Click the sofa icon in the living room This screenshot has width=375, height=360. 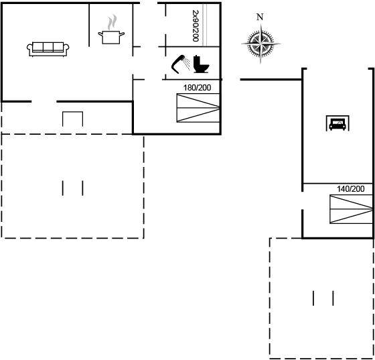tap(48, 50)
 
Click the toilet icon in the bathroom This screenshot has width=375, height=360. tap(201, 64)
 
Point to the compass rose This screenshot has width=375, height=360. tap(260, 44)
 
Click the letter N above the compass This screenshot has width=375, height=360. tap(260, 17)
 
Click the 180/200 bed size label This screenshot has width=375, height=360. tap(198, 88)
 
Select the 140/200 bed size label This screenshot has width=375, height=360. tap(351, 189)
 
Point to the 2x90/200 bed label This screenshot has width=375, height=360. tap(196, 25)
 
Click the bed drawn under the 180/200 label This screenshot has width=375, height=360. tap(198, 108)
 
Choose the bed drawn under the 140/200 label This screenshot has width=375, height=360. tap(351, 209)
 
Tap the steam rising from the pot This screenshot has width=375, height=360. tap(112, 22)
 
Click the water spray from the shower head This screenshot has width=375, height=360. tap(187, 64)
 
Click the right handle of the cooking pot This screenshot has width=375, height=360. tap(122, 34)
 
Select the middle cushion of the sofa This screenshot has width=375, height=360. tap(48, 47)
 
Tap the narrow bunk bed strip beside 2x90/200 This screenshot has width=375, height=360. tap(205, 25)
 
